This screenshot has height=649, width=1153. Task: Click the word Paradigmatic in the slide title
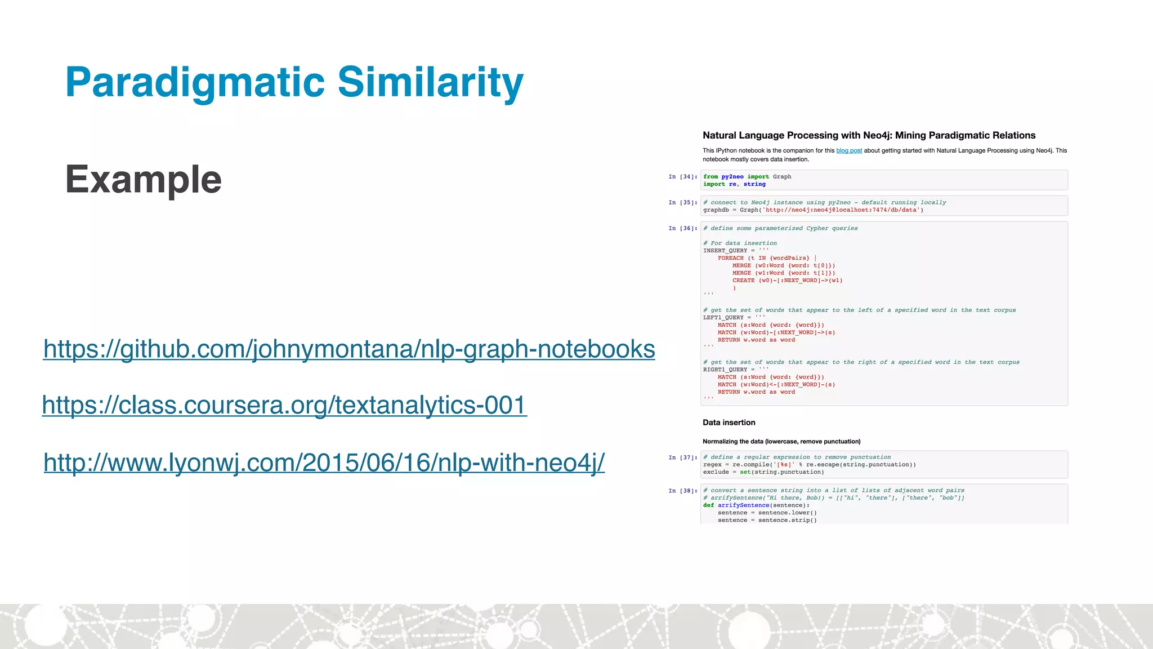click(x=195, y=82)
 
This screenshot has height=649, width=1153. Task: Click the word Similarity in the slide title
click(x=430, y=82)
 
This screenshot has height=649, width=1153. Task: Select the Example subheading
click(x=144, y=179)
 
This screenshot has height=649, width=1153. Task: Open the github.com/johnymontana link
click(x=349, y=349)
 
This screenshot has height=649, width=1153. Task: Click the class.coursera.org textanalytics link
click(x=284, y=405)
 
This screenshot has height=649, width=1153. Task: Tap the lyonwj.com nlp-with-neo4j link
click(x=324, y=463)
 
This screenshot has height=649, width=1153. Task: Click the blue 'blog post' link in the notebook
click(x=849, y=150)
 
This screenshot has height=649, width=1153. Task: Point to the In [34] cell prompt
click(x=682, y=177)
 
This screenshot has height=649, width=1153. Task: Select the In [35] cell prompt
click(x=682, y=203)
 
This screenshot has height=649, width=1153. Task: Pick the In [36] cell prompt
click(x=682, y=229)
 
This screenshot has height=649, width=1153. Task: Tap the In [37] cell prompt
click(x=682, y=457)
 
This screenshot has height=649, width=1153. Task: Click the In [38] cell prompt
click(x=682, y=491)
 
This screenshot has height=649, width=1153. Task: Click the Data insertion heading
click(x=729, y=423)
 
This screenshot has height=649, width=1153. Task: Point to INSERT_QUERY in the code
click(x=725, y=251)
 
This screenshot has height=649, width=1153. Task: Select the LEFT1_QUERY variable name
click(x=723, y=318)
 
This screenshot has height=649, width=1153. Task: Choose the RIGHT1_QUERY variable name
click(x=725, y=370)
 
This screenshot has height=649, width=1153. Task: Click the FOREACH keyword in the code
click(x=730, y=258)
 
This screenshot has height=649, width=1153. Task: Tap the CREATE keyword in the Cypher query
click(x=743, y=281)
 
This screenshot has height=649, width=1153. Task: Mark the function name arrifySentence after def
click(x=743, y=505)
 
